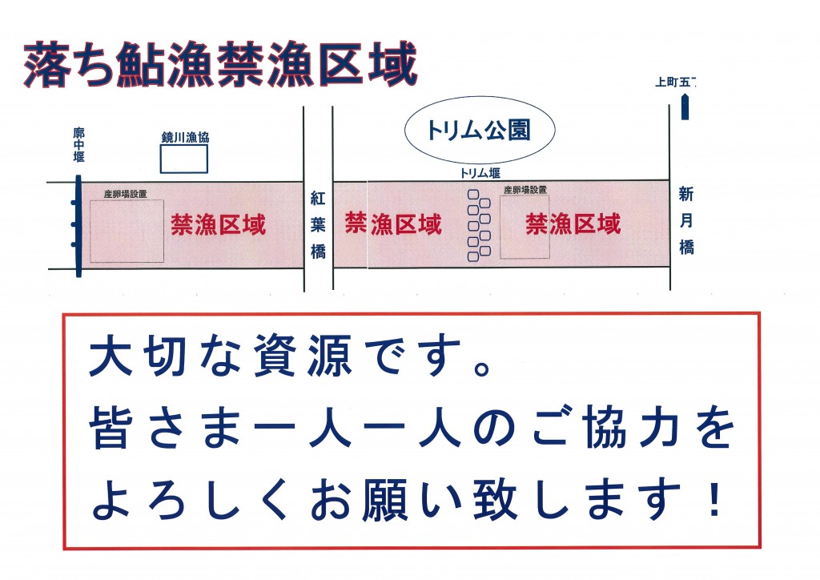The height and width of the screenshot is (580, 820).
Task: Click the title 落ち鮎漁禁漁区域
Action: pos(220,65)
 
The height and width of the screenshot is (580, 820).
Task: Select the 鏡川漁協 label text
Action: pos(185,138)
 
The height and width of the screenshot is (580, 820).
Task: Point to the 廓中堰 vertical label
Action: pos(79,145)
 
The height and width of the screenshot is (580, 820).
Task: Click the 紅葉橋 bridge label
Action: pos(318,225)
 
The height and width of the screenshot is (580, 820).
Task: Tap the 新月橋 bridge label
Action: pos(686,220)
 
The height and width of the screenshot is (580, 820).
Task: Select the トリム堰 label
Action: pos(480,173)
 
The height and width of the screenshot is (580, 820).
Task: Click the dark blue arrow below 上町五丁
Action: pos(685,107)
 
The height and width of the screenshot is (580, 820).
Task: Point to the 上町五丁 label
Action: pos(675,82)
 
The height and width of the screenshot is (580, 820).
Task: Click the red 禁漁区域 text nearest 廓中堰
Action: pos(218,225)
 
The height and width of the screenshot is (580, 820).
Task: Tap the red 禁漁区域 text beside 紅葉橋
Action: pos(393,224)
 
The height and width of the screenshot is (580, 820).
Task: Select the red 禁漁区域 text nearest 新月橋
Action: pos(573,224)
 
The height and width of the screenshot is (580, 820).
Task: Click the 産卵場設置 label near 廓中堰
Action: pos(126,194)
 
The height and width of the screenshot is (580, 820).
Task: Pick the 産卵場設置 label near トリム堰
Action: pos(525,190)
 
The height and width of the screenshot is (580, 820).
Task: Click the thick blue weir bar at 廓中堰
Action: pos(78,225)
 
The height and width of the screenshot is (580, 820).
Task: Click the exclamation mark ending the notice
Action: pos(713,499)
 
